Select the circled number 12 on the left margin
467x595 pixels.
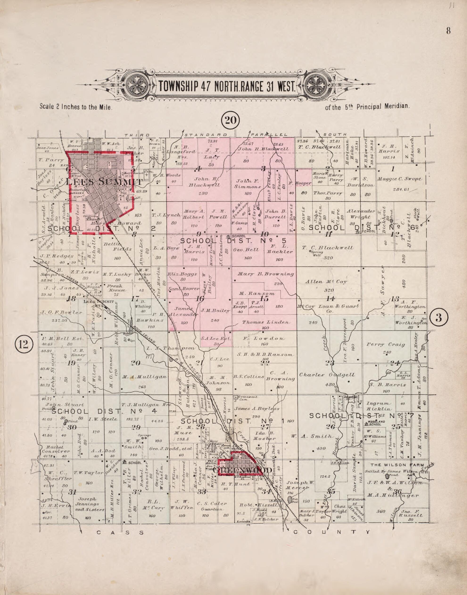click(24, 344)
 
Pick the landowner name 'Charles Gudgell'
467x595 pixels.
click(327, 375)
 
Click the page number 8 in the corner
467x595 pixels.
click(448, 31)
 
